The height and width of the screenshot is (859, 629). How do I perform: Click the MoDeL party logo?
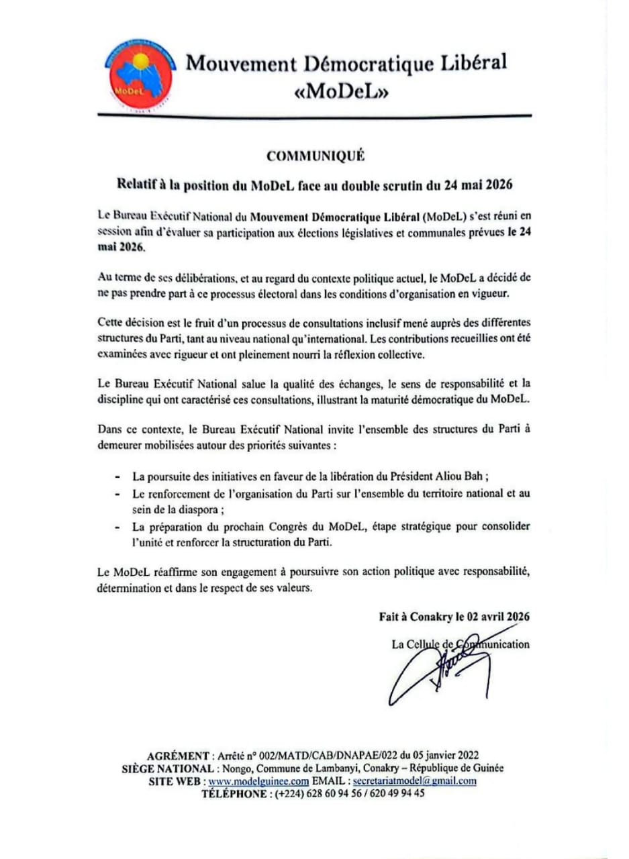tap(139, 75)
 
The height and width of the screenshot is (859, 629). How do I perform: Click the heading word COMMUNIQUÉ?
tap(315, 156)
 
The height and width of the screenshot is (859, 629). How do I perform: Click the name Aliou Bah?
tap(464, 476)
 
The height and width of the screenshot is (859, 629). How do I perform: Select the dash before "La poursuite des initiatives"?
tap(118, 477)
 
